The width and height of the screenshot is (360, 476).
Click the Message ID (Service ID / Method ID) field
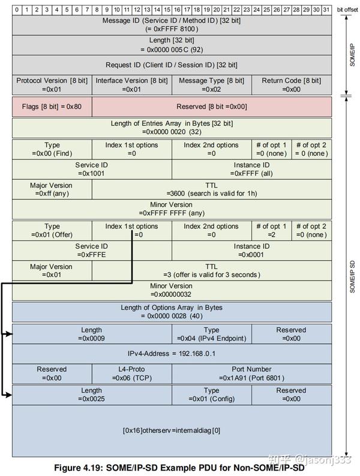point(172,25)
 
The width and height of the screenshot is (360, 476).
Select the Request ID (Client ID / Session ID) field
point(172,65)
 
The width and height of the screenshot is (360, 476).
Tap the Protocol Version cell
point(52,85)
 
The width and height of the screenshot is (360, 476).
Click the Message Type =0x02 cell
point(211,85)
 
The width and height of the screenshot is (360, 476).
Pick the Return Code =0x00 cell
point(291,85)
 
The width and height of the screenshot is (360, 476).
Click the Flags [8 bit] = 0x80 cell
point(52,107)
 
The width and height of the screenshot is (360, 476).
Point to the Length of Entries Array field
point(172,127)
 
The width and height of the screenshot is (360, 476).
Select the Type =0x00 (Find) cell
point(52,149)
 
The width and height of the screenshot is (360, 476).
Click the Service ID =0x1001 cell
point(91,169)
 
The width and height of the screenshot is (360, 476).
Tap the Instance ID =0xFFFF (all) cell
point(251,169)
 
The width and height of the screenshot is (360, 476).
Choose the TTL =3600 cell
point(211,189)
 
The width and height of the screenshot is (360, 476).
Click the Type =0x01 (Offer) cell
point(52,230)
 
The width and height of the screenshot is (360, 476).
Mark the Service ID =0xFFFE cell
point(91,251)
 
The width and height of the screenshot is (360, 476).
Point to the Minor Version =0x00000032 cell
point(172,290)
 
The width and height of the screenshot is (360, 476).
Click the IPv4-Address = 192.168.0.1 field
point(172,354)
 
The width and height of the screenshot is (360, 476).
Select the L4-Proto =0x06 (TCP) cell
point(131,373)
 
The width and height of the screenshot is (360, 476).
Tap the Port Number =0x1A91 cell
point(251,373)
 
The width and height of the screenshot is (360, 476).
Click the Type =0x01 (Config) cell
point(211,394)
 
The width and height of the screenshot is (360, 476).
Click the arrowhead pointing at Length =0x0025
point(8,394)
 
